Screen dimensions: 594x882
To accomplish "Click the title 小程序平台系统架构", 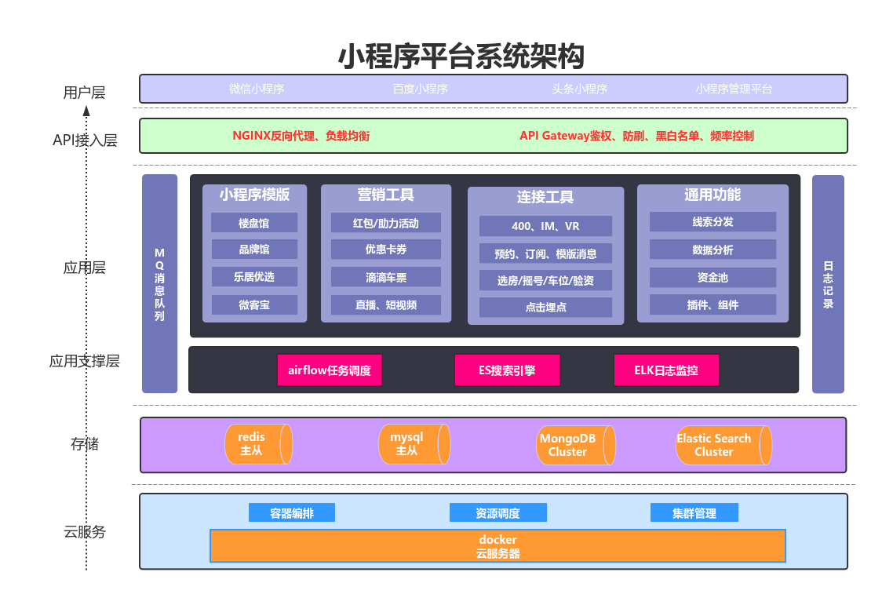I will [x=461, y=56].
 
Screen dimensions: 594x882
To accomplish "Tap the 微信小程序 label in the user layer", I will [x=257, y=89].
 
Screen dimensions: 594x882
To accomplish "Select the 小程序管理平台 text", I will [x=734, y=89].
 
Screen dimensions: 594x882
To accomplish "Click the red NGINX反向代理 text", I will [x=301, y=136].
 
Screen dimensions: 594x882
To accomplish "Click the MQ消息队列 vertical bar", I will [x=159, y=284].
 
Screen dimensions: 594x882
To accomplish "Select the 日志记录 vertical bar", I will [x=828, y=284].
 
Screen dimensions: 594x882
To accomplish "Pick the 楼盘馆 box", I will [x=254, y=223].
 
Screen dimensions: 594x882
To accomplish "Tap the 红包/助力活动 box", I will [x=385, y=223].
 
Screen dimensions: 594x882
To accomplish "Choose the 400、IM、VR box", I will [x=545, y=226].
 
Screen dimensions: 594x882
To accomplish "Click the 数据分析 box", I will [x=713, y=250].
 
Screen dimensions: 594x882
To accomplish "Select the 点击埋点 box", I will [x=545, y=307].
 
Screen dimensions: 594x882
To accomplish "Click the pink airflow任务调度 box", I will [x=330, y=370].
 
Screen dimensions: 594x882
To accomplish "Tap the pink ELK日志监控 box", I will [x=666, y=370].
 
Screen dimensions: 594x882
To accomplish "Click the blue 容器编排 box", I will [x=292, y=513].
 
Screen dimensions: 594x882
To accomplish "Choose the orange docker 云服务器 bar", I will [x=497, y=546].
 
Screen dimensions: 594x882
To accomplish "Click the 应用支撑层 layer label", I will [x=85, y=362].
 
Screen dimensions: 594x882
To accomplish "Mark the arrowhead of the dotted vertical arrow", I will [x=87, y=111].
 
